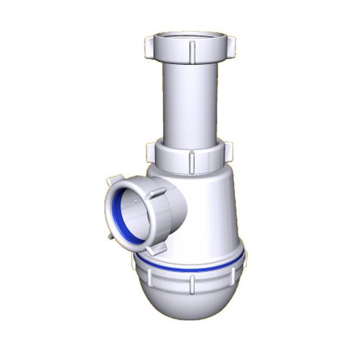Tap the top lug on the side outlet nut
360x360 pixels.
114,179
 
